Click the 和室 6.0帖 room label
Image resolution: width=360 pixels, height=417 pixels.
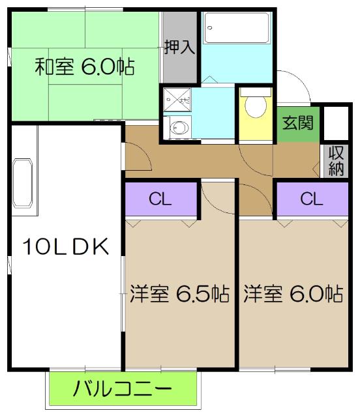[85, 66]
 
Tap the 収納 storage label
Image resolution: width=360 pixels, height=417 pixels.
[336, 162]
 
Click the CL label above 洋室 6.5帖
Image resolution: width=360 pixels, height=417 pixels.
[160, 199]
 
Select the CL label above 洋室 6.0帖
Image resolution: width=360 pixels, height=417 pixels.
[311, 199]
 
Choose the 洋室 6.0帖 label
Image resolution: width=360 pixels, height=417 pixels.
[293, 294]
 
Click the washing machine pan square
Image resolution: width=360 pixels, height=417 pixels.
[176, 99]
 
